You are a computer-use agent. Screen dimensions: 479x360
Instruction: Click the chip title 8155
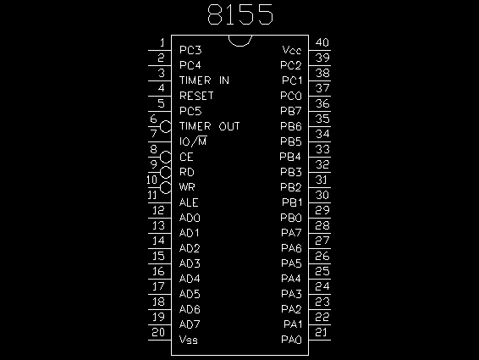point(240,14)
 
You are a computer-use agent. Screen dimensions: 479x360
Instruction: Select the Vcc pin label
point(292,50)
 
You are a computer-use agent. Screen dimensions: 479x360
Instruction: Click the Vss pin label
point(189,340)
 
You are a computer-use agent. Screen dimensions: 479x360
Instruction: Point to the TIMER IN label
point(204,80)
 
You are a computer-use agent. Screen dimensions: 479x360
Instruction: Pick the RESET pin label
point(196,96)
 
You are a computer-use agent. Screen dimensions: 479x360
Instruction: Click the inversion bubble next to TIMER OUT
point(166,126)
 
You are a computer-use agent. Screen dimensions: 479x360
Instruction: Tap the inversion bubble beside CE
point(166,158)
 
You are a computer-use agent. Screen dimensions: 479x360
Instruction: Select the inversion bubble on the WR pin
point(166,188)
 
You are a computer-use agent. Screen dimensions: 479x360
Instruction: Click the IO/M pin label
point(193,141)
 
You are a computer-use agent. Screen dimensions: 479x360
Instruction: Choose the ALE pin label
point(189,202)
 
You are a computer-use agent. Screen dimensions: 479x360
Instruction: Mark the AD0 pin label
point(190,218)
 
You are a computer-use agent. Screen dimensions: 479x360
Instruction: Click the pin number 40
point(322,42)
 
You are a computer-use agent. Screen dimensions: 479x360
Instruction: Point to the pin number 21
point(322,332)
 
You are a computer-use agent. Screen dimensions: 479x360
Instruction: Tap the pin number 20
point(158,332)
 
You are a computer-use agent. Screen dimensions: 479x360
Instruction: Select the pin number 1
point(162,42)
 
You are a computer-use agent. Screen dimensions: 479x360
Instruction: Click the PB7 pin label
point(291,111)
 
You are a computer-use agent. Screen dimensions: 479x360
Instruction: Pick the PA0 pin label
point(291,340)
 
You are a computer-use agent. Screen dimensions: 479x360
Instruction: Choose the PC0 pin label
point(291,96)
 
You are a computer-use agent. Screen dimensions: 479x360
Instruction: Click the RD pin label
point(187,172)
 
